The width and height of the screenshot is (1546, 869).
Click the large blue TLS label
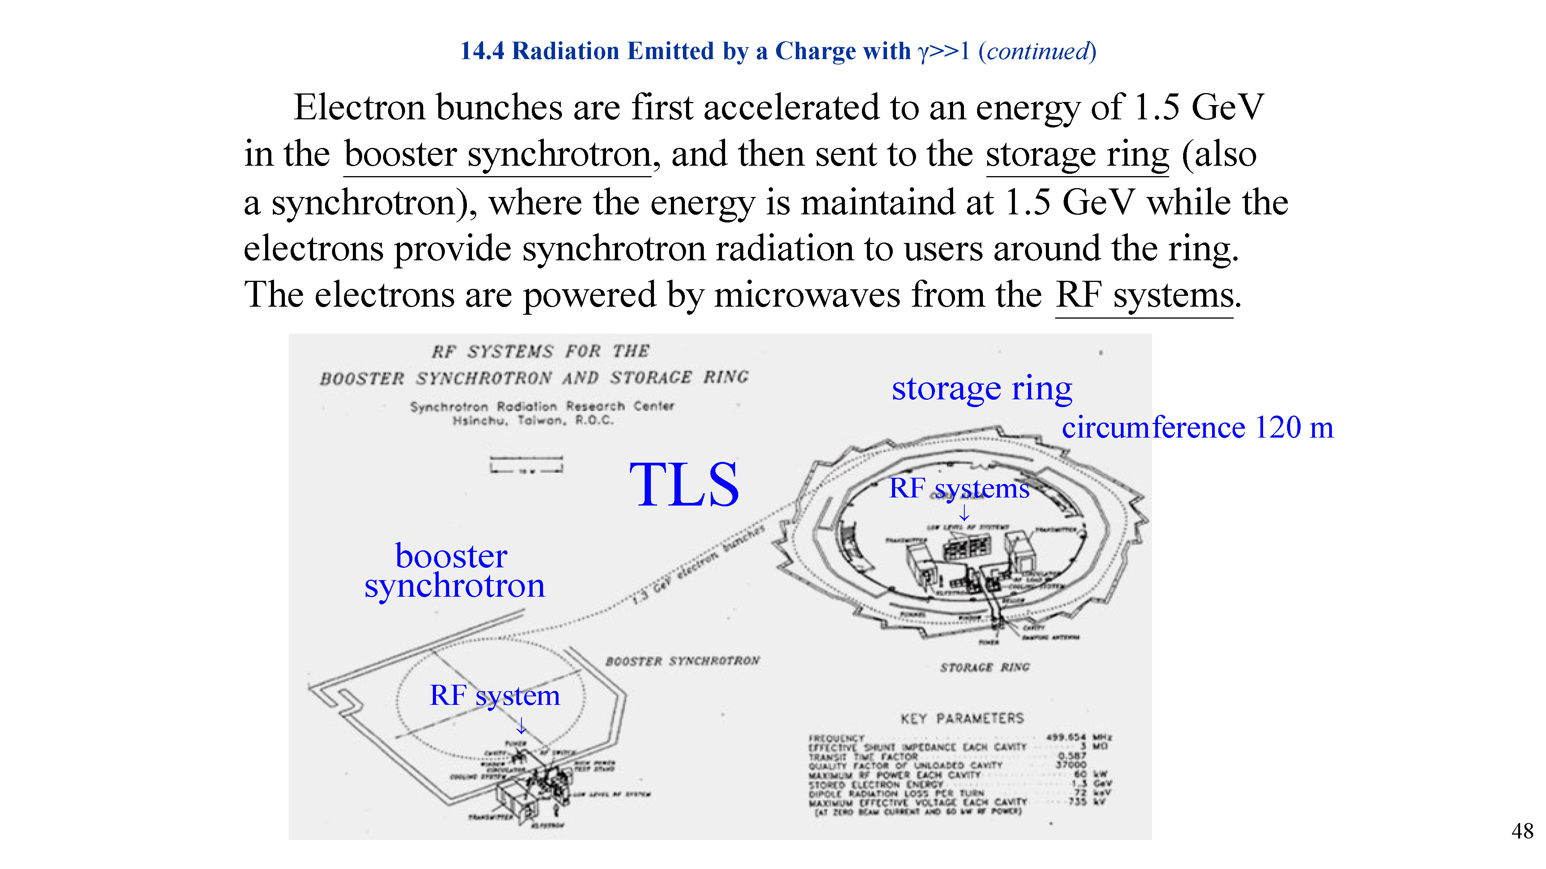click(684, 485)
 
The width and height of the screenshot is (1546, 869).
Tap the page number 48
click(1522, 831)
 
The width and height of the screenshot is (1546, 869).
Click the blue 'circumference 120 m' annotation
click(1197, 428)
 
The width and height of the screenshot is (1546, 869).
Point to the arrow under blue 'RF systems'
click(964, 513)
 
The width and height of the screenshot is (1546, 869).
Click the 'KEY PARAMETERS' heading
click(962, 718)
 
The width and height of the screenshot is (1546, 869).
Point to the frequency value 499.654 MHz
click(1078, 737)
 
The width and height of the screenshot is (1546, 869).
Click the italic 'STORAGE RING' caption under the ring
click(985, 667)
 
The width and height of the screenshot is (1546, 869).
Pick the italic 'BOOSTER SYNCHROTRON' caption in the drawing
click(683, 661)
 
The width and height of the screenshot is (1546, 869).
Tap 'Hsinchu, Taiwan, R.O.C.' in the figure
click(533, 421)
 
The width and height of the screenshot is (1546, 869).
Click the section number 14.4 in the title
click(482, 52)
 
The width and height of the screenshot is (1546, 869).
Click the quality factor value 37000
click(1071, 765)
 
